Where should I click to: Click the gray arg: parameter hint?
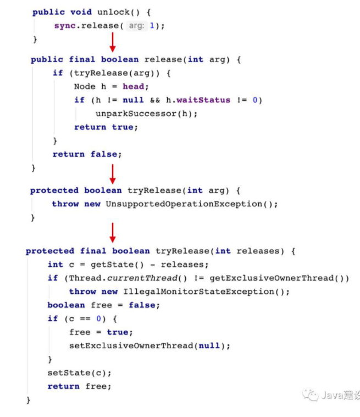click(x=137, y=26)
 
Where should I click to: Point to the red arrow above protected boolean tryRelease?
click(x=112, y=174)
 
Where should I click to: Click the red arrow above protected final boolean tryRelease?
click(x=112, y=233)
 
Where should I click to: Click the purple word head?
click(x=134, y=86)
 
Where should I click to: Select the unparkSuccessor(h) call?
click(x=146, y=113)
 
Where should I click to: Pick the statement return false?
click(x=87, y=154)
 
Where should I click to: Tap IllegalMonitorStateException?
click(x=196, y=292)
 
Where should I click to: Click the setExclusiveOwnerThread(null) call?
click(x=149, y=345)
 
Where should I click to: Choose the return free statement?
click(x=79, y=386)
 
